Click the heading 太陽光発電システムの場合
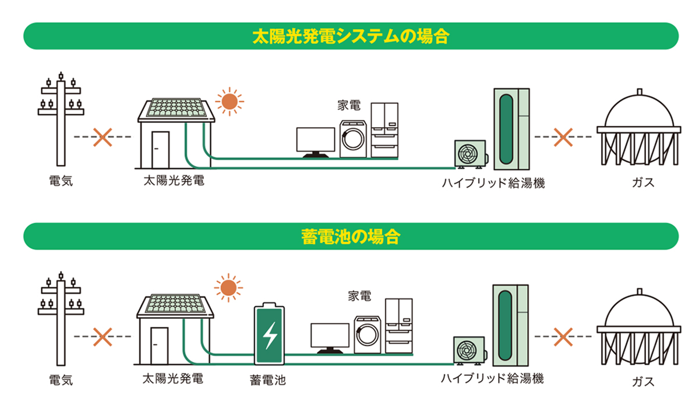350,36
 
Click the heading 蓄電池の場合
350,236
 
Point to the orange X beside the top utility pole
103,137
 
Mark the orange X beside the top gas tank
563,137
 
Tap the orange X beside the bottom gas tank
563,336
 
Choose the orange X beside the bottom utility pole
103,336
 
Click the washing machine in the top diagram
352,139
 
